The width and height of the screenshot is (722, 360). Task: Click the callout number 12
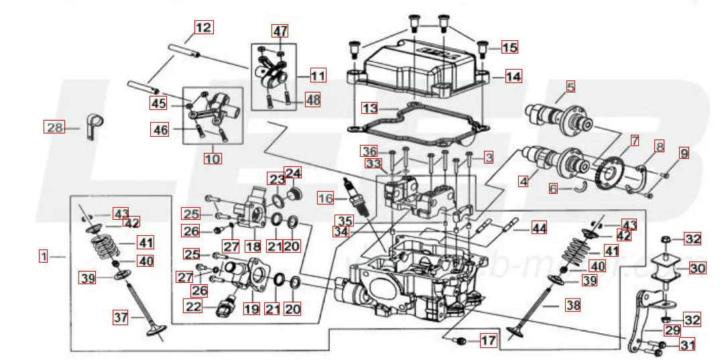coord(203,27)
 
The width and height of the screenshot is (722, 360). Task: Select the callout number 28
coord(54,127)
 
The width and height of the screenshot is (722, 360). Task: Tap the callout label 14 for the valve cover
coord(513,76)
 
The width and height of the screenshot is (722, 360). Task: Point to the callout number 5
coord(570,86)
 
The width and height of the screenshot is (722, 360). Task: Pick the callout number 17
coord(487,341)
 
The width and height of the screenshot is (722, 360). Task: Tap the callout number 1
coord(44,255)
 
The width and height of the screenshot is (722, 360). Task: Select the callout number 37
coord(120,318)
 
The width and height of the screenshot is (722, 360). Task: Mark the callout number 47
coord(280,31)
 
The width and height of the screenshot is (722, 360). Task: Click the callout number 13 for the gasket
coord(370,108)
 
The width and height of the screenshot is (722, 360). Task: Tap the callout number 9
coord(683,153)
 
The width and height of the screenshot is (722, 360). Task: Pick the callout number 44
coord(539,228)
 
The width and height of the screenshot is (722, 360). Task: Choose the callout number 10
coord(213,159)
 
